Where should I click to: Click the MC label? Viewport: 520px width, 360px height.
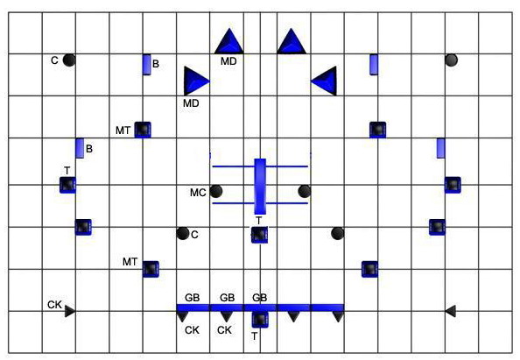point(198,193)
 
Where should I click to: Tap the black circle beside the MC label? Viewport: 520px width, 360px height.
point(216,192)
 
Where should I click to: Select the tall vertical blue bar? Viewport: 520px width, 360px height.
point(260,187)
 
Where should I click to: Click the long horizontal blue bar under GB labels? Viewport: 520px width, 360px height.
point(260,308)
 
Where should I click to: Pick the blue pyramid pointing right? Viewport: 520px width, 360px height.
point(196,81)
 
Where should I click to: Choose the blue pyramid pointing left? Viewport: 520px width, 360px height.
point(324,81)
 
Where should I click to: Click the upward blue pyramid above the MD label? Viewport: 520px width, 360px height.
point(229,41)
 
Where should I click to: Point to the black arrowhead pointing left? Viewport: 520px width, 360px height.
point(450,311)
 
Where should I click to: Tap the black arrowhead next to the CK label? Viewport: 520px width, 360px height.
point(70,311)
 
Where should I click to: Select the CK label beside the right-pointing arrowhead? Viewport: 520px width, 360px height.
point(55,305)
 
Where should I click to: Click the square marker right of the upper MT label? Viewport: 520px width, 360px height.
point(143,130)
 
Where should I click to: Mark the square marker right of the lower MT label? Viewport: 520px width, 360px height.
point(151,269)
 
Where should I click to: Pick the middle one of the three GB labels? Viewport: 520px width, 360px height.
point(227,298)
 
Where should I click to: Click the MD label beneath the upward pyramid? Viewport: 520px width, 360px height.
point(228,61)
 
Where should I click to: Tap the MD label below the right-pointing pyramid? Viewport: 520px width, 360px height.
point(191,103)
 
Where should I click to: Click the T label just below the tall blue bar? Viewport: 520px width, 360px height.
point(258,220)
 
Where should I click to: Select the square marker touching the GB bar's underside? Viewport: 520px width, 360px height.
point(260,320)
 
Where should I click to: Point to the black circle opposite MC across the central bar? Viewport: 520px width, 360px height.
point(304,192)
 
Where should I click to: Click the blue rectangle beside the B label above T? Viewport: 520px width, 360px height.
point(80,148)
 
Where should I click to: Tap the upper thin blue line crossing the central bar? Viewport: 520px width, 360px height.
point(260,166)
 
